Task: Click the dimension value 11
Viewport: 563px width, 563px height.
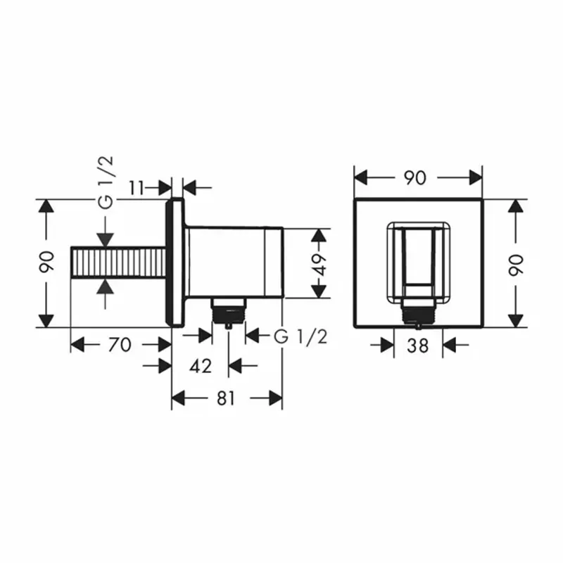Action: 138,187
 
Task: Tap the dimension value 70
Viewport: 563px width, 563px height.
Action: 120,345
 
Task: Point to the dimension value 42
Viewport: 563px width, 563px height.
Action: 201,366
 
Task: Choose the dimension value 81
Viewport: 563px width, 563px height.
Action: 226,398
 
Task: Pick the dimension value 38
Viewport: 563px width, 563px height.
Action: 418,345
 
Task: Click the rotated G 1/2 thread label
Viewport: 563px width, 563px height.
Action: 105,182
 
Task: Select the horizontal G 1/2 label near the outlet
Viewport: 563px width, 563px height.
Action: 301,336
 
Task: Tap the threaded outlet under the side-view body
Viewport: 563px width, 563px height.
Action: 228,310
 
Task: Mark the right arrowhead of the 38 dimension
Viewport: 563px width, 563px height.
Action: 449,345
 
